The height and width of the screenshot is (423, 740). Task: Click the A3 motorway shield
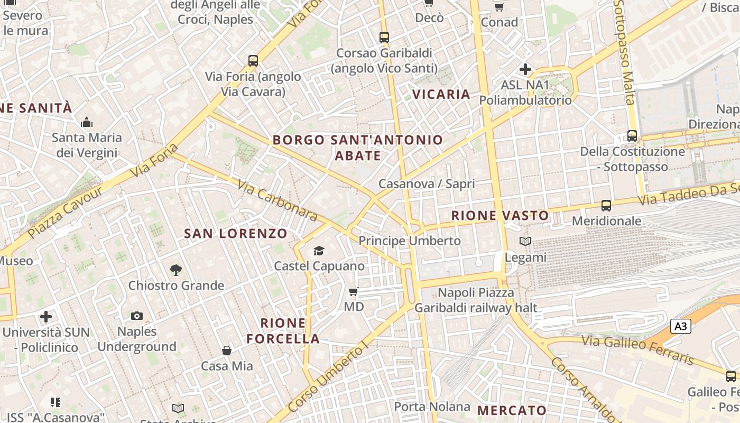[x=681, y=326]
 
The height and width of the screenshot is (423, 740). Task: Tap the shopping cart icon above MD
[x=354, y=291]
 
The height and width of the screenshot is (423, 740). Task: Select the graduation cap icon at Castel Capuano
[x=319, y=250]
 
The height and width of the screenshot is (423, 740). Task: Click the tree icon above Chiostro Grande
[x=176, y=270]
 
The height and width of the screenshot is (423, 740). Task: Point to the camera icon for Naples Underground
[x=137, y=316]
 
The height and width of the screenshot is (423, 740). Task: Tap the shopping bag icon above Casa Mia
[x=226, y=350]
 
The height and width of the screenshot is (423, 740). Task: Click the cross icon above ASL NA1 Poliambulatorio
[x=525, y=69]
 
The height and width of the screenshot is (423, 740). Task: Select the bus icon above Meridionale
[x=606, y=205]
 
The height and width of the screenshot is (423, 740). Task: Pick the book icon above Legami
[x=525, y=242]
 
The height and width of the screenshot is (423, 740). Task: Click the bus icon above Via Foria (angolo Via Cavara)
[x=253, y=61]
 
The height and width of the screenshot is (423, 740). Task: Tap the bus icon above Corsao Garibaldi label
[x=384, y=38]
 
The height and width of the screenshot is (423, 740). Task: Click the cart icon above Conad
[x=499, y=7]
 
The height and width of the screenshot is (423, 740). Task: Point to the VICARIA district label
[x=441, y=94]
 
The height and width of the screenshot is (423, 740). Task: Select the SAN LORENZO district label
[x=236, y=233]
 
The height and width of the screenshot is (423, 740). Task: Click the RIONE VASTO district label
[x=500, y=215]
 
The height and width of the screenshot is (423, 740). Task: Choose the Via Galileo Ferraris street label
[x=637, y=350]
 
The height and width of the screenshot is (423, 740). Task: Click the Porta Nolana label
[x=432, y=407]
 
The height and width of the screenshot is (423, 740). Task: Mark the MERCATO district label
[x=512, y=410]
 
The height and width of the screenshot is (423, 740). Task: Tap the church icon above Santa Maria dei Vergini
[x=87, y=123]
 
